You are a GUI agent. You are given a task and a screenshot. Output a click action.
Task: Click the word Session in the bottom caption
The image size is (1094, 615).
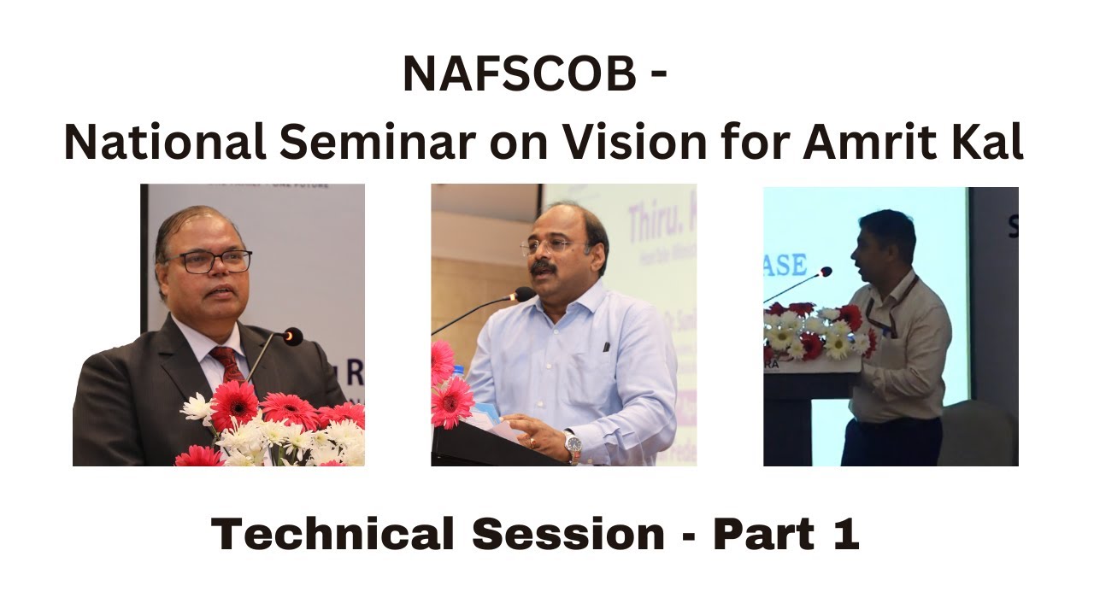pyautogui.click(x=568, y=535)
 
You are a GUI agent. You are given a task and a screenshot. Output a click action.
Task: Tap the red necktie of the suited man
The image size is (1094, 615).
pyautogui.click(x=228, y=364)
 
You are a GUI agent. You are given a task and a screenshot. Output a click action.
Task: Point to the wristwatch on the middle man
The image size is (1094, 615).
pyautogui.click(x=572, y=444)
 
